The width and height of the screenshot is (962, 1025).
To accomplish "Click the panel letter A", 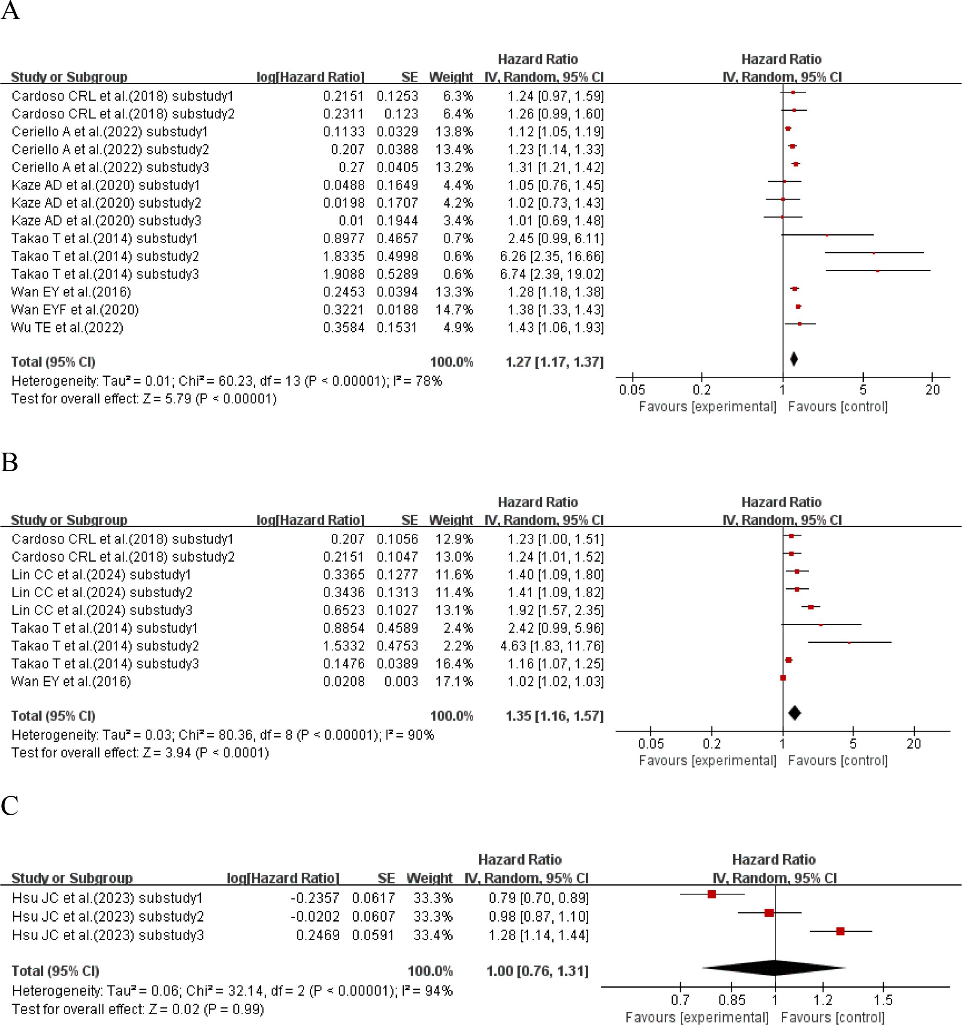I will pos(10,11).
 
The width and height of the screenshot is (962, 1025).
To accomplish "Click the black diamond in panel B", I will pos(795,713).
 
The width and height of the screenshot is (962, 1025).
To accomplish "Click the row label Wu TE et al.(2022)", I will pos(67,327).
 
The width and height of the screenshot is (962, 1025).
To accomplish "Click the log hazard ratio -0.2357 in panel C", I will pos(315,898).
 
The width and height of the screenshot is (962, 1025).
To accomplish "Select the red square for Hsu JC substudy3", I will pos(840,931).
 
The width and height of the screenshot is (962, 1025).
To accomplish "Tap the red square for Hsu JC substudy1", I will pos(711,895).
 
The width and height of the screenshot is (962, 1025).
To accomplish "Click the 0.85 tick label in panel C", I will pos(732,1000).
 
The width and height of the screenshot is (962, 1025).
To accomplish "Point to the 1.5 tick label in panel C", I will pos(883,1000).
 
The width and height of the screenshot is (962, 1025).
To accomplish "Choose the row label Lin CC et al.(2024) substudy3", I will pos(102,611).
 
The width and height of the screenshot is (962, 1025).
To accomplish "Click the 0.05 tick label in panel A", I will pos(632,390).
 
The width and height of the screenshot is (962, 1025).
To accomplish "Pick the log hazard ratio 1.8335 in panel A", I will pos(343,256).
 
